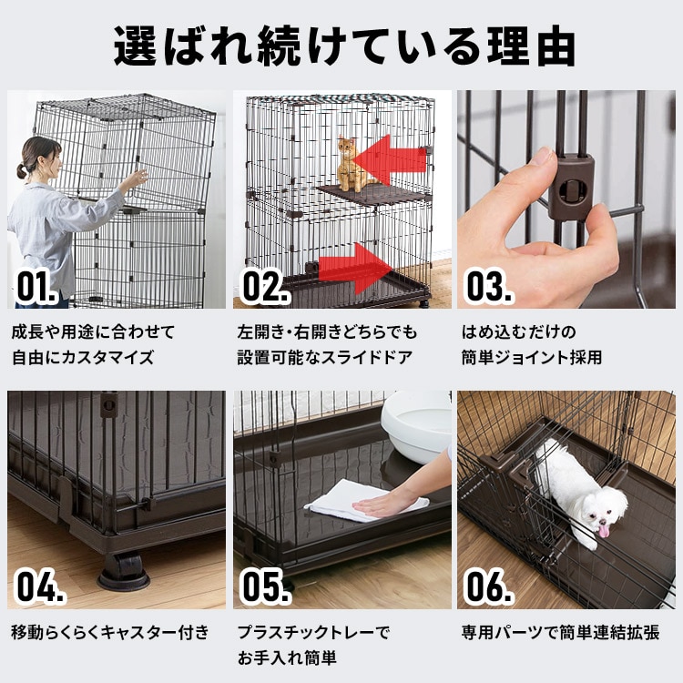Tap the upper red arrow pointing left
point(390,160)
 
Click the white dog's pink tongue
point(602,529)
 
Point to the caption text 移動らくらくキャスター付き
point(109,632)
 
